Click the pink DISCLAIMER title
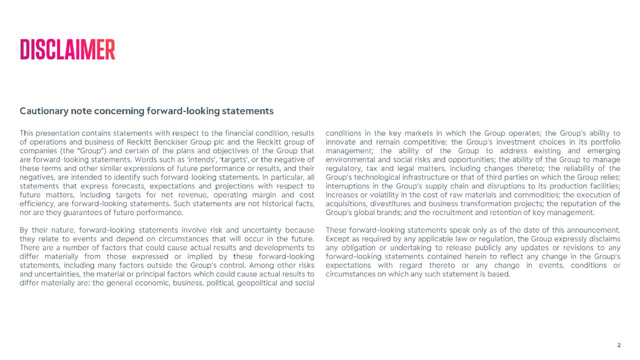click(67, 49)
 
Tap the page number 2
click(619, 345)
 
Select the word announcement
click(593, 230)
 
